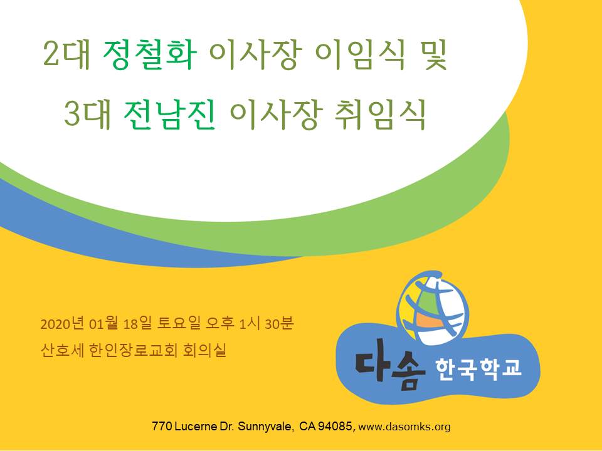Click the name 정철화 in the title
pos(150,55)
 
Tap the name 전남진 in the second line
pos(170,114)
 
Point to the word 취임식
pos(381,114)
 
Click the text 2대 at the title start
pos(66,55)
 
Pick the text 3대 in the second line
pos(87,114)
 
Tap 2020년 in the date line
pos(62,324)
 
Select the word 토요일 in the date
pos(179,324)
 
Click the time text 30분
pos(279,324)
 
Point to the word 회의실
pos(204,350)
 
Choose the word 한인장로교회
pos(133,350)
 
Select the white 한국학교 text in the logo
pos(478,369)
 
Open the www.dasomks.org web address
pos(404,427)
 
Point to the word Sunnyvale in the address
pos(264,427)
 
